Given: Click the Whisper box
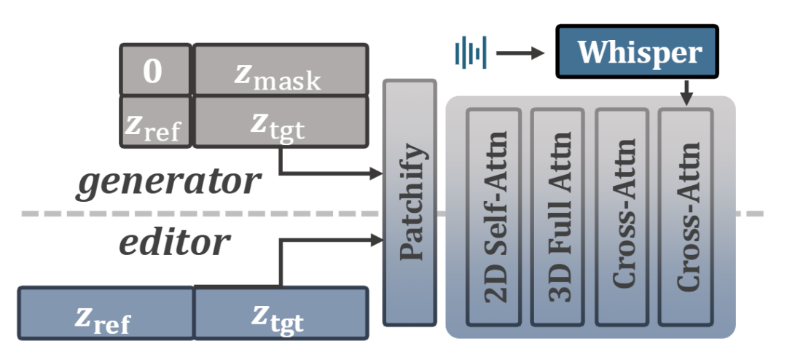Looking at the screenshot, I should point(638,52).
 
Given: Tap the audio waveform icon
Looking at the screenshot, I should point(470,52).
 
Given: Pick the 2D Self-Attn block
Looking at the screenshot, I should point(493,217).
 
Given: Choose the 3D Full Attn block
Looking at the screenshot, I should point(557,217).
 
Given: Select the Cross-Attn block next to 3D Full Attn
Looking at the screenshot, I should point(622,217).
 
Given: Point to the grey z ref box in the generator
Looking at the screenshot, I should point(154,121).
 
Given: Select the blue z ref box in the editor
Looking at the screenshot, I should point(105,313).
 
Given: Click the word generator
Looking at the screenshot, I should point(169,181).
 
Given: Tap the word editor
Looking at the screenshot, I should point(174,243).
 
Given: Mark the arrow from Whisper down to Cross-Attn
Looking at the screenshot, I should point(686,93).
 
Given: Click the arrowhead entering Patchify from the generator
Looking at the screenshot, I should point(377,174).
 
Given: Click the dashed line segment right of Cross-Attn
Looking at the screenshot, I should point(751,214).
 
